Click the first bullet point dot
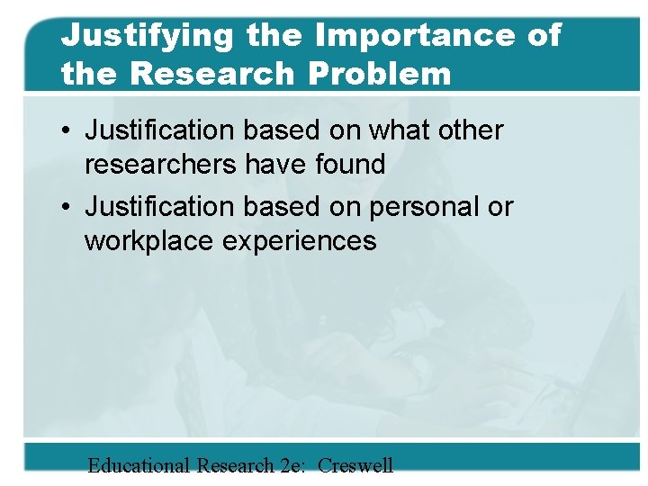pyautogui.click(x=67, y=130)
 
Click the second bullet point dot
pyautogui.click(x=67, y=207)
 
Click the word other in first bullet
pyautogui.click(x=470, y=130)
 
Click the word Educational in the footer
pyautogui.click(x=139, y=465)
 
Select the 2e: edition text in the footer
pyautogui.click(x=291, y=465)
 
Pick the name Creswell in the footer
pyautogui.click(x=355, y=465)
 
